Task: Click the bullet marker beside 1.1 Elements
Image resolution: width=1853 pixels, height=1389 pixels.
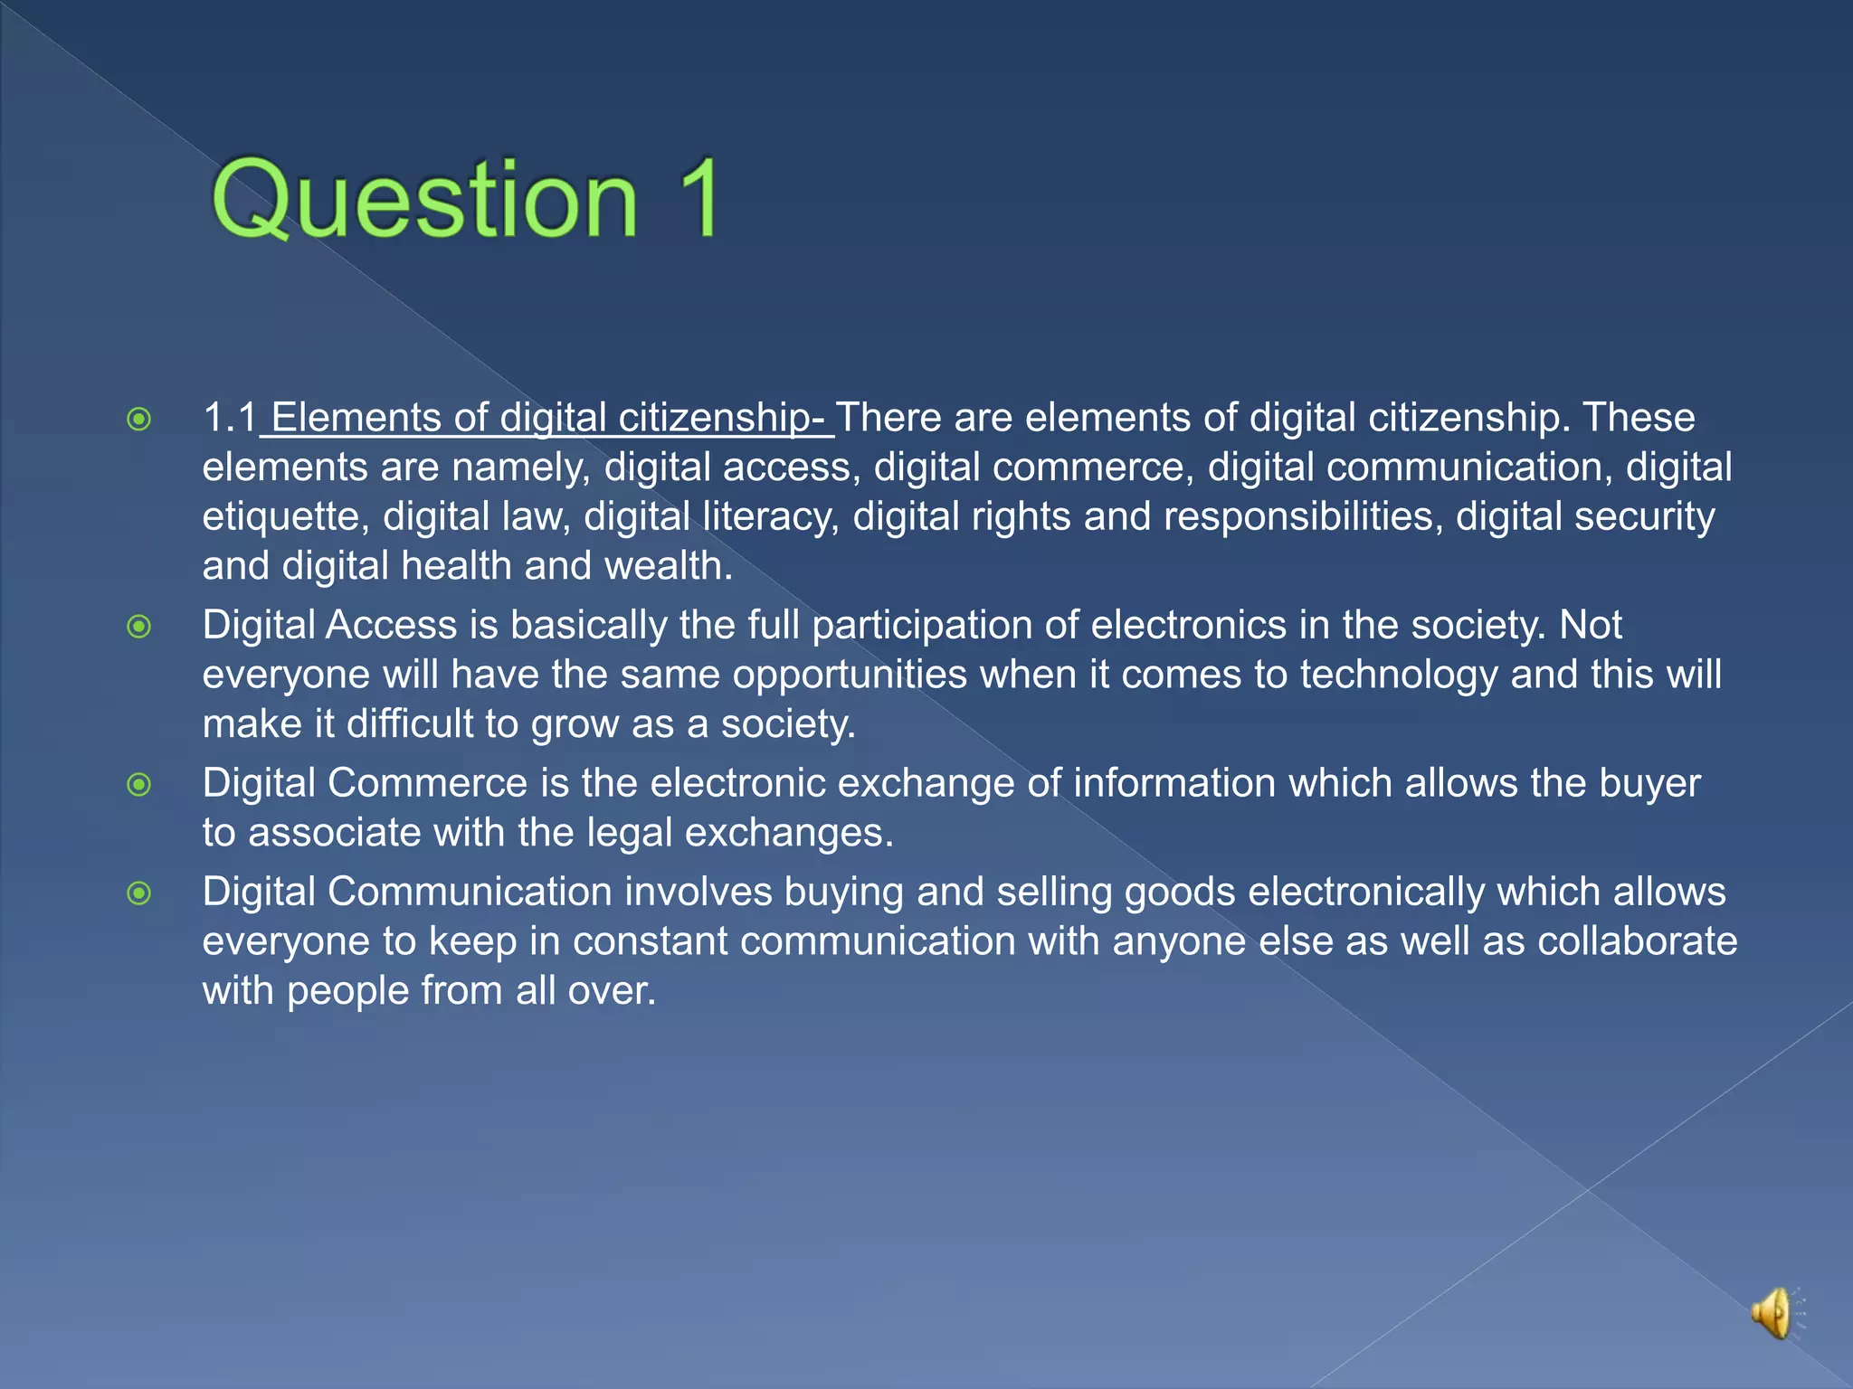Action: click(139, 420)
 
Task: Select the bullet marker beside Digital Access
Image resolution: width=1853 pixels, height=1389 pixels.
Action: click(139, 626)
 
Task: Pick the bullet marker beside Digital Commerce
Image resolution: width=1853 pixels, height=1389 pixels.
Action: click(139, 784)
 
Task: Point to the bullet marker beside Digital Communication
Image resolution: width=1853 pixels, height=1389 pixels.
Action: click(139, 893)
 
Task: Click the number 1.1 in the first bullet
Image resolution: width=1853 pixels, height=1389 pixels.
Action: click(230, 418)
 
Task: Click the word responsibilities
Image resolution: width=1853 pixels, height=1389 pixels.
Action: click(1302, 517)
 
